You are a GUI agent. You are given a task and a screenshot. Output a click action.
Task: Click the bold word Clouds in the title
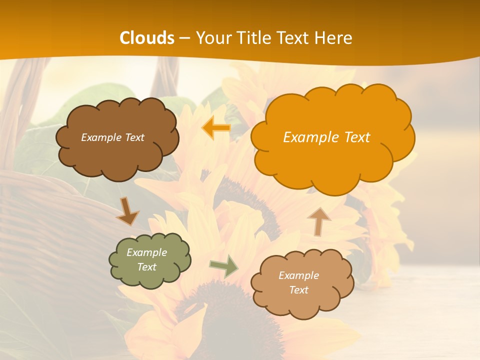(147, 38)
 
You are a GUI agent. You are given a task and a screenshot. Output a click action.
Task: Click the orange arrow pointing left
(216, 128)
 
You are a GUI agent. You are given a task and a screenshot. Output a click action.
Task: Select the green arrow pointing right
(224, 266)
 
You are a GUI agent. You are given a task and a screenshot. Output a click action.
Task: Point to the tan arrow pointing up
(319, 221)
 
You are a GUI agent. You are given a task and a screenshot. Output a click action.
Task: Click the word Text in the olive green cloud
(146, 267)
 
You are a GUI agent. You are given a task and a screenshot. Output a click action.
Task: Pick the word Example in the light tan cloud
(298, 275)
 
